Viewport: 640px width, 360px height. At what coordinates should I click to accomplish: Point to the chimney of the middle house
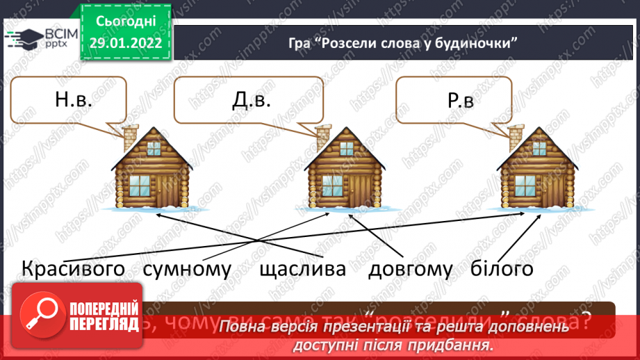click(x=323, y=134)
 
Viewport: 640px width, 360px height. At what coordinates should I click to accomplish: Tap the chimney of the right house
click(x=515, y=133)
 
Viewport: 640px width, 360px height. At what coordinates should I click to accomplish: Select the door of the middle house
click(x=361, y=187)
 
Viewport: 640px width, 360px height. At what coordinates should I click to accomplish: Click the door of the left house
click(x=169, y=187)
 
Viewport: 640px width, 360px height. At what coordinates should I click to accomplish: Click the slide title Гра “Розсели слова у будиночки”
click(x=404, y=42)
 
